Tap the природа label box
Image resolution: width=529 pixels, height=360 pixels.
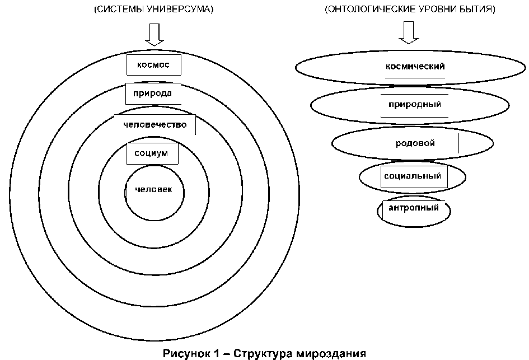point(148,93)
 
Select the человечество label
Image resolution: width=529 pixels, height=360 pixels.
point(155,124)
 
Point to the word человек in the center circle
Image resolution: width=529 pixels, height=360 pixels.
point(153,190)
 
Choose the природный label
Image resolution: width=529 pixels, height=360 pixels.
point(415,104)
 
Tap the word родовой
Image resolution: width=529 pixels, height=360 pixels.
point(415,143)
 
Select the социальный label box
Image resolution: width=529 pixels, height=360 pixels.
point(413,176)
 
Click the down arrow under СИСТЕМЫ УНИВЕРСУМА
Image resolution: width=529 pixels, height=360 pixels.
point(153,35)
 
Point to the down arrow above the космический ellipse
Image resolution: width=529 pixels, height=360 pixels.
point(409,34)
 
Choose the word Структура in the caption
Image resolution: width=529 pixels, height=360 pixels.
point(262,353)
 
